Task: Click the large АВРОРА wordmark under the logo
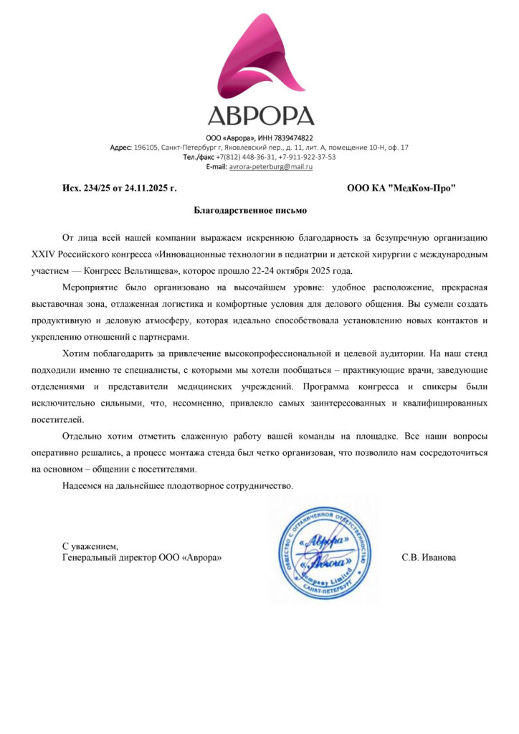pos(259,115)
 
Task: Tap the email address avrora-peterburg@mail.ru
pos(271,166)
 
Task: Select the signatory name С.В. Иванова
pos(429,557)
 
